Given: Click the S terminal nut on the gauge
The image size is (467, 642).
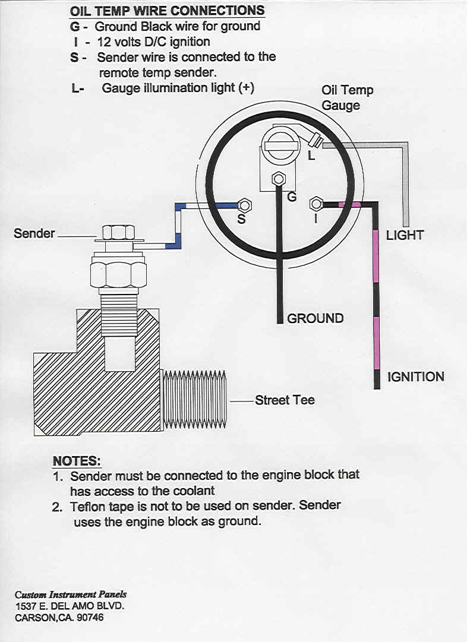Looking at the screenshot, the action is click(245, 205).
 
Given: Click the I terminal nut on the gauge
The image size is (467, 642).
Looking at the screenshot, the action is click(316, 204).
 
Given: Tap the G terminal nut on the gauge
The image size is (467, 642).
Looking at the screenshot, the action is click(279, 179).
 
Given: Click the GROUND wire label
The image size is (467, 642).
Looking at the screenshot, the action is click(315, 318).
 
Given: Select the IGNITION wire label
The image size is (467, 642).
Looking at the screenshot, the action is click(415, 377).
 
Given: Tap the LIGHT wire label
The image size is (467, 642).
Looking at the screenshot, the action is click(405, 235).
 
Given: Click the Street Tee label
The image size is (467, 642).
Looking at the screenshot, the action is click(285, 400).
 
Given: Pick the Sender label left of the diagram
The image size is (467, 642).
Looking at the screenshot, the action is click(34, 233).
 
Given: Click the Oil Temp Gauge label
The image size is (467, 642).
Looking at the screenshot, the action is click(348, 97).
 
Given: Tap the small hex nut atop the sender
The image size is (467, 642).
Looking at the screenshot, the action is click(118, 232).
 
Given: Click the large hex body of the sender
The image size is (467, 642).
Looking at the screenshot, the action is click(118, 274).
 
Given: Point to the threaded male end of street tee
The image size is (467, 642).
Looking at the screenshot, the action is click(194, 399).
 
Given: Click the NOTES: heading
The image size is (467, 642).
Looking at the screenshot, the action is click(77, 461).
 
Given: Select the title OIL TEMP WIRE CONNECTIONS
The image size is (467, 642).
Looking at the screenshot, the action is click(167, 11).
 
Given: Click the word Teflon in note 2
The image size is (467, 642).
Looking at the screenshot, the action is click(88, 507).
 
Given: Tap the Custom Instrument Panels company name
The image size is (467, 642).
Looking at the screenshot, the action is click(71, 594).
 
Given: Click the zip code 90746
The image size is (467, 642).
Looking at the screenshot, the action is click(90, 617).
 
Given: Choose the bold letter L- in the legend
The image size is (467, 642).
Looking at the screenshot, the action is click(78, 88).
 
